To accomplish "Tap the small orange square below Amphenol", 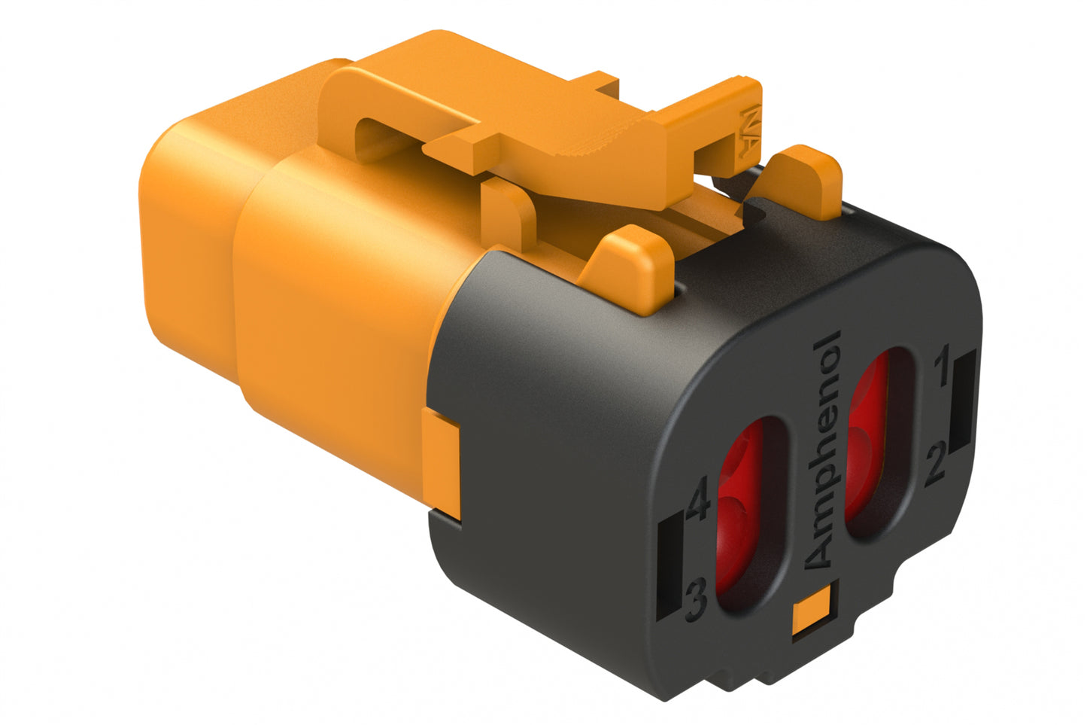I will (813, 609).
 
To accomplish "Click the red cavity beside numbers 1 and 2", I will (879, 444).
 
